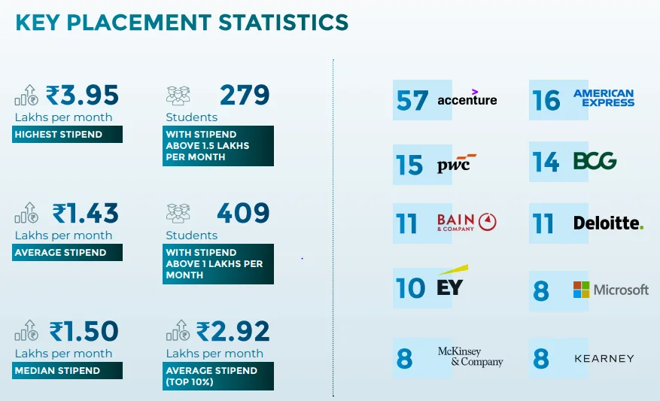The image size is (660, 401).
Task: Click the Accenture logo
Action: coord(467,99)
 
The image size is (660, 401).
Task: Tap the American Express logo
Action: coord(604,98)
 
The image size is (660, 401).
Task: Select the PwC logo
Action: coord(457,164)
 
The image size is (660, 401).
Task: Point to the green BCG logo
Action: coord(595,160)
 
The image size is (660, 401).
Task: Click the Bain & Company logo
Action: coord(467,223)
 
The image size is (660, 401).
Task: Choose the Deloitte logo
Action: coord(608,223)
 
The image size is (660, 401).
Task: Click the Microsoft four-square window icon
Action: coord(582,290)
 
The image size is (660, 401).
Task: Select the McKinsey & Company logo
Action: coord(470,357)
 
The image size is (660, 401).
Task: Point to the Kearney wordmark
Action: coord(604,359)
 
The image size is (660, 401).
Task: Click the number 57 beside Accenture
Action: coord(412,100)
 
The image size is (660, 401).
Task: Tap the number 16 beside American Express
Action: coord(547,100)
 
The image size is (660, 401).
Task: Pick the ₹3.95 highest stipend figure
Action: coord(83,96)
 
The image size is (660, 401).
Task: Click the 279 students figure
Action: coord(245,96)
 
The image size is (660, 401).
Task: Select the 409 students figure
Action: coord(243,214)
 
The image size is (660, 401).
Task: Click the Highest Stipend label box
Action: coord(68,135)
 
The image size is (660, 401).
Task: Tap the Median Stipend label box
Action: coord(68,370)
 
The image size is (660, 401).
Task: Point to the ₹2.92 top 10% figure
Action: coord(233,331)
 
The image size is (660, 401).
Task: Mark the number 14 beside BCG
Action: coord(546,162)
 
